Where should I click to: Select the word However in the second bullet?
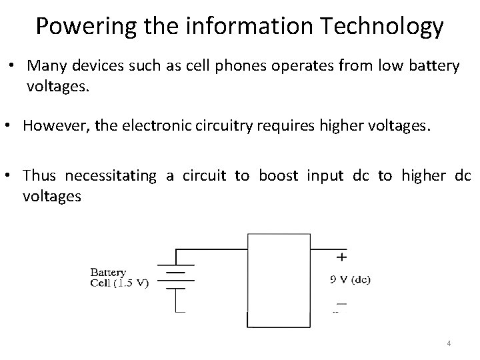[51, 127]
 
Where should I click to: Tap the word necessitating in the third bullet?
[109, 175]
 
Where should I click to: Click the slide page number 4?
[449, 343]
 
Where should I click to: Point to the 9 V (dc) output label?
[351, 280]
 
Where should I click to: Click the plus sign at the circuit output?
[342, 256]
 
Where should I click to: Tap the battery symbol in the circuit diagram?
[175, 280]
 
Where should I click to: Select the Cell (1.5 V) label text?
[120, 283]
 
